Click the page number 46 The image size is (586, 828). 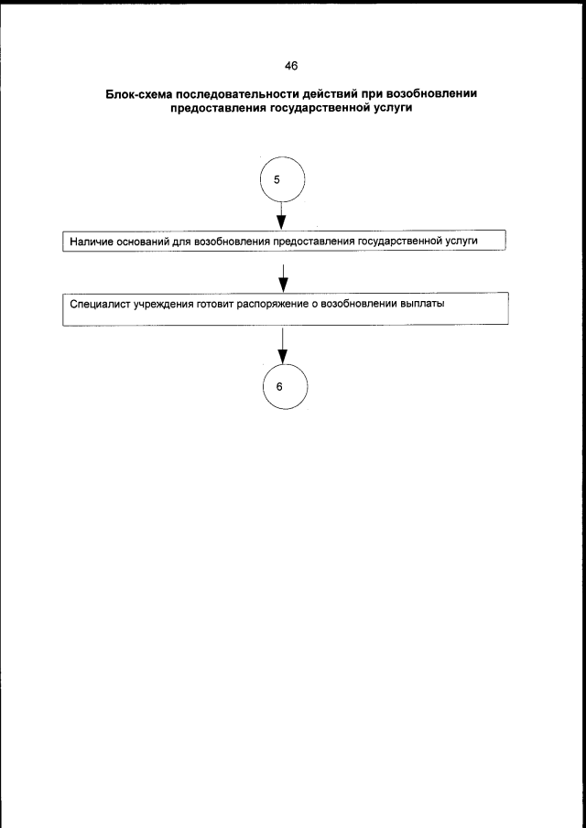(292, 65)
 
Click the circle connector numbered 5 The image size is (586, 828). (281, 180)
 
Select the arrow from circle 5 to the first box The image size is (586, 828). (282, 217)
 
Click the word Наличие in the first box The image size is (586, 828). (91, 242)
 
